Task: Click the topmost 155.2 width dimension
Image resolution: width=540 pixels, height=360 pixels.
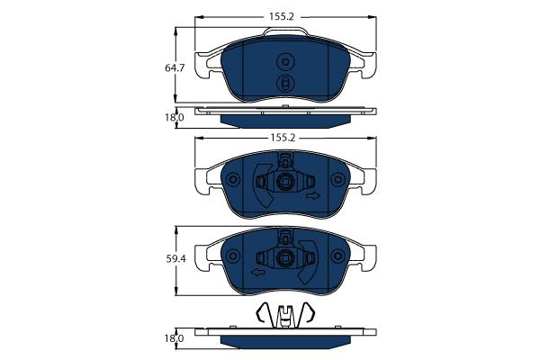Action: click(282, 16)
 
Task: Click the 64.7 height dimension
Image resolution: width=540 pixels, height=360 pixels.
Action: click(175, 68)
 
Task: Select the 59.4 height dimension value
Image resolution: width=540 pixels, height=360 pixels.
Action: click(175, 258)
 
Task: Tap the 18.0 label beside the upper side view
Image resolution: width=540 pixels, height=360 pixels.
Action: click(175, 118)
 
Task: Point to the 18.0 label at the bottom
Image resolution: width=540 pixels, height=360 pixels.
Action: click(175, 338)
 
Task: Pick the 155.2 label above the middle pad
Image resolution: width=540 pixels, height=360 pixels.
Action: click(283, 138)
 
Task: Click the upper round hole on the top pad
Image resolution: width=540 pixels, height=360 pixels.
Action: click(285, 62)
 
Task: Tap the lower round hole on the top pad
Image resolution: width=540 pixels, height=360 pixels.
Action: click(285, 84)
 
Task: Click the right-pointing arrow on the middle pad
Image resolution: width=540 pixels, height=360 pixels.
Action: click(313, 196)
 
